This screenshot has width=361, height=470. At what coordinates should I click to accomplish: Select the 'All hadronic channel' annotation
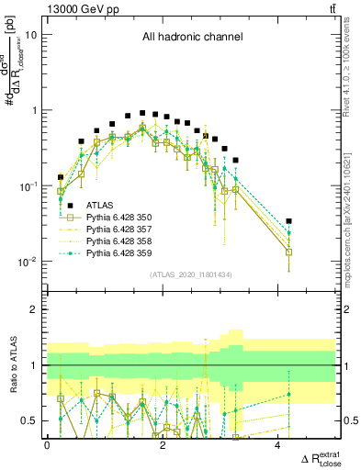coord(191,38)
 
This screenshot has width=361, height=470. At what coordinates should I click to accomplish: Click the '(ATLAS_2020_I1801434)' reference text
coord(191,275)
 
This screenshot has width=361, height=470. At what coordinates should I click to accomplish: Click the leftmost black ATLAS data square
coord(62,177)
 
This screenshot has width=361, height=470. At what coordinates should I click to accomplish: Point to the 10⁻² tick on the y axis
coord(28,262)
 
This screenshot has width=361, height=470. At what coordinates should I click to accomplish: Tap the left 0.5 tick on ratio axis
coord(34,420)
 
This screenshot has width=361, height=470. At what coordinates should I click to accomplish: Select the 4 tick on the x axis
coord(278,445)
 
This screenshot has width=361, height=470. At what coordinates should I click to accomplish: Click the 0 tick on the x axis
coord(48,445)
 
